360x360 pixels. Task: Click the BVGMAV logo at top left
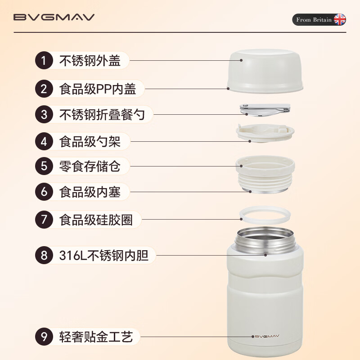click(54, 18)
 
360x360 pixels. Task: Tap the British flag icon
click(339, 20)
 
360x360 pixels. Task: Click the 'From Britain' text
click(314, 20)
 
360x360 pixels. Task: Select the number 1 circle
click(44, 61)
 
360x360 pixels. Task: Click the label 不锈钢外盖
click(90, 61)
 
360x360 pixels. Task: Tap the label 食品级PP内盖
click(98, 89)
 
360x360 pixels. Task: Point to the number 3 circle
click(44, 114)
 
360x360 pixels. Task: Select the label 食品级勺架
click(90, 142)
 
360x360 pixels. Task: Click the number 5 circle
click(44, 166)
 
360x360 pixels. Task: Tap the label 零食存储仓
click(90, 166)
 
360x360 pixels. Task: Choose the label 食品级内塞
click(90, 192)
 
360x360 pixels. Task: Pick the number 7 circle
click(44, 220)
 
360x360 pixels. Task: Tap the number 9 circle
click(44, 337)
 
